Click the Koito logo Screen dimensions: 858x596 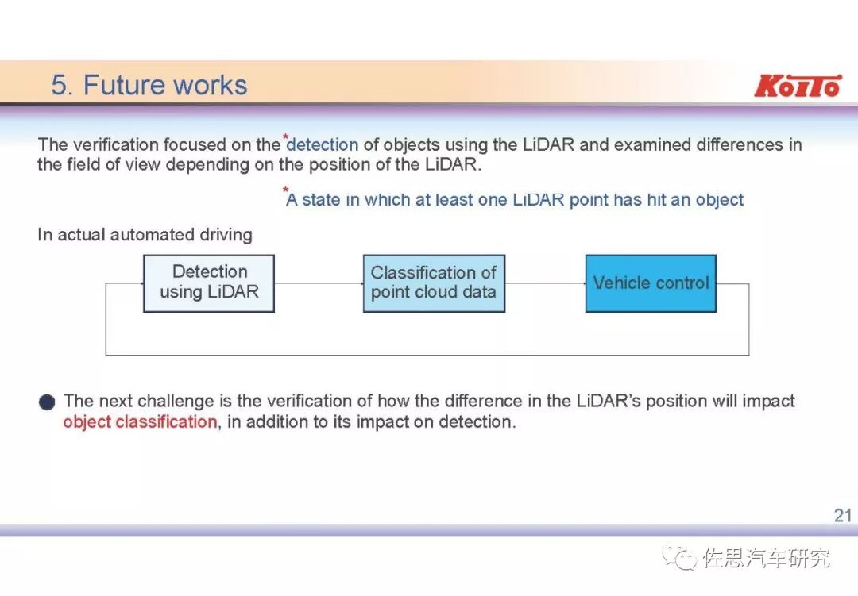click(797, 86)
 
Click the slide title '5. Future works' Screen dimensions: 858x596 click(149, 85)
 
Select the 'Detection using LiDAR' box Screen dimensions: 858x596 click(209, 283)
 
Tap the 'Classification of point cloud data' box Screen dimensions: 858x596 click(434, 283)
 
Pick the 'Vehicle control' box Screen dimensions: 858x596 click(651, 283)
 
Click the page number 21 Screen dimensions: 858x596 click(842, 516)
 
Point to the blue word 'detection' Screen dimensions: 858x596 click(323, 145)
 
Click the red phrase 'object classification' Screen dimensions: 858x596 click(140, 421)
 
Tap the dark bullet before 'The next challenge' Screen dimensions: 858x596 click(47, 402)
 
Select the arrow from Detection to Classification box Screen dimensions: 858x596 click(318, 283)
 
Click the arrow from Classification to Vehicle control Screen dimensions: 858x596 click(545, 283)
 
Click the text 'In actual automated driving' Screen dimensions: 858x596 click(145, 235)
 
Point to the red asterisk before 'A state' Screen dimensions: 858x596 click(285, 190)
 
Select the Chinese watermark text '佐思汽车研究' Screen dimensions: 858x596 click(767, 558)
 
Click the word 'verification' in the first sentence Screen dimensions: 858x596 click(115, 145)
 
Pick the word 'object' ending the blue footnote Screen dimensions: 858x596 click(720, 200)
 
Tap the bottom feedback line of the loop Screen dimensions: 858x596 click(427, 355)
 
